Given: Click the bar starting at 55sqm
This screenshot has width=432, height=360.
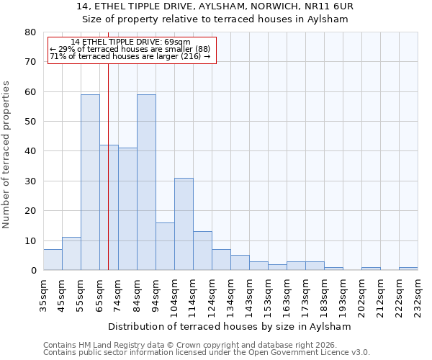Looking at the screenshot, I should [x=90, y=182].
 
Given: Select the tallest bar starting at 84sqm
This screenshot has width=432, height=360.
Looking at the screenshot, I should [x=146, y=182].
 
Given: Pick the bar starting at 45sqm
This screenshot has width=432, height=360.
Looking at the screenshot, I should [x=71, y=253].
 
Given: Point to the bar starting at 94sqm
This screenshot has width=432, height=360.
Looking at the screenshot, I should [x=165, y=246].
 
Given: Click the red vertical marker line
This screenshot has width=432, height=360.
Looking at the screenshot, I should [x=108, y=180].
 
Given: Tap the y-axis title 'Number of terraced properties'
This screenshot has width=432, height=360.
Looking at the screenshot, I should [x=6, y=154].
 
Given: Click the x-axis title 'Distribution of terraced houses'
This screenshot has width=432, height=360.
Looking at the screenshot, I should [x=233, y=326].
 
